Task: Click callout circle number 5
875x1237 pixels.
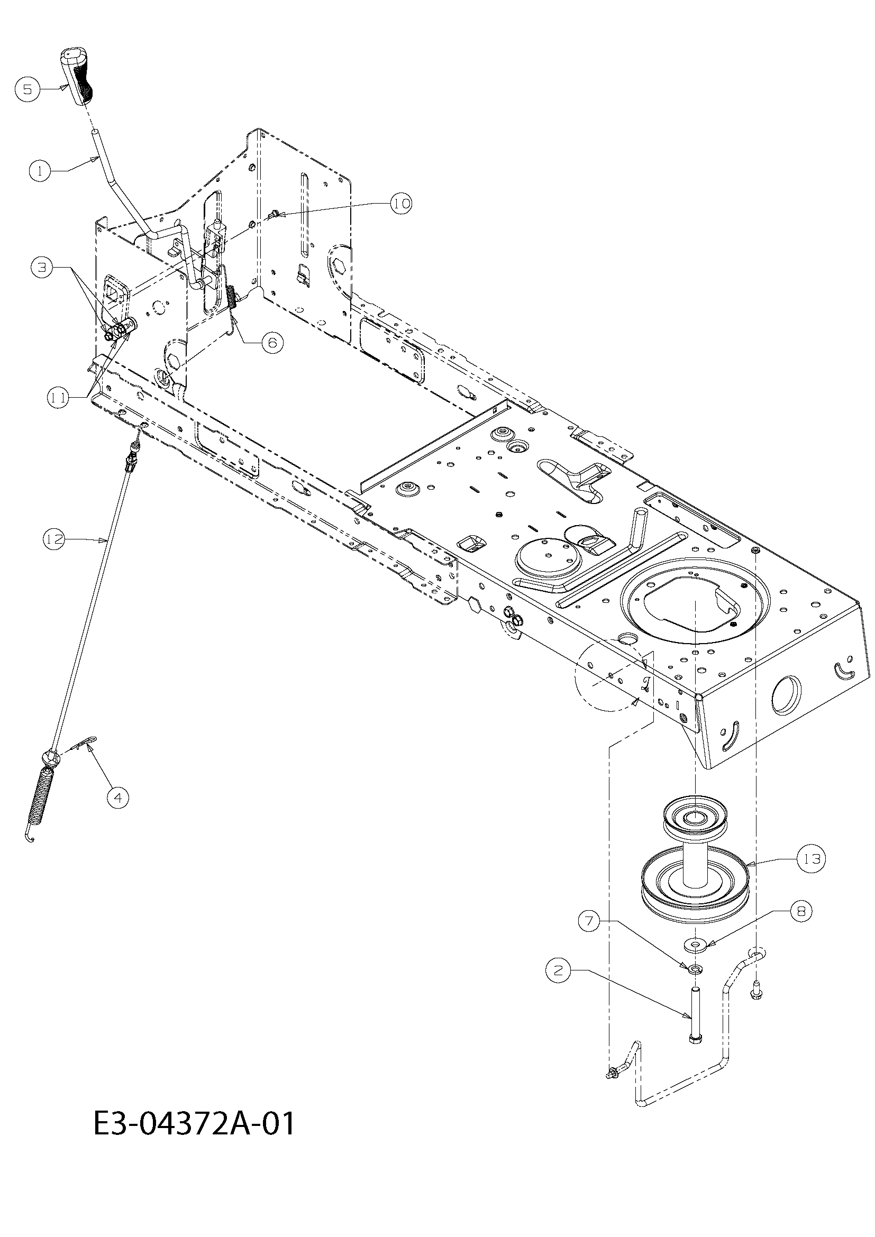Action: click(28, 89)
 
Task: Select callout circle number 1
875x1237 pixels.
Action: click(40, 171)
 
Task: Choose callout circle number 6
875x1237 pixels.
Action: click(272, 343)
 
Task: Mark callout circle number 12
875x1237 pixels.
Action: click(54, 539)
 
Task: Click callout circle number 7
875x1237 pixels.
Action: click(589, 921)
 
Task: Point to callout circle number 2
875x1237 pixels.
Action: click(558, 970)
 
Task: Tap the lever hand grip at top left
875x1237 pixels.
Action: click(77, 76)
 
